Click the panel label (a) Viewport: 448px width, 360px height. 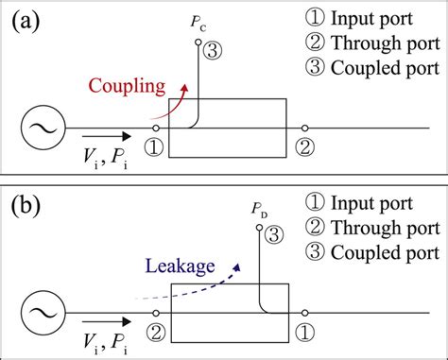(27, 22)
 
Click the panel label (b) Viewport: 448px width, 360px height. (27, 204)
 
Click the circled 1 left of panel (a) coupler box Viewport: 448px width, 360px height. (154, 147)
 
